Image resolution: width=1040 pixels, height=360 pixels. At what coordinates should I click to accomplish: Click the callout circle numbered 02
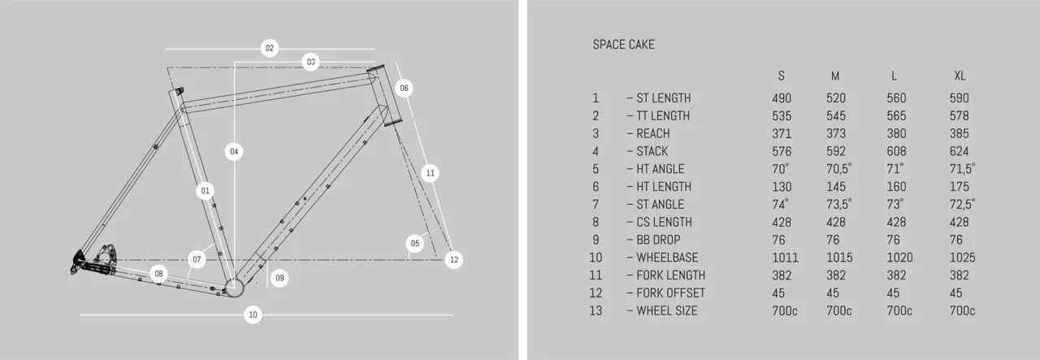click(x=270, y=48)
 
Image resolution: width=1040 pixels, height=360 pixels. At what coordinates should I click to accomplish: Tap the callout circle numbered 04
click(x=234, y=151)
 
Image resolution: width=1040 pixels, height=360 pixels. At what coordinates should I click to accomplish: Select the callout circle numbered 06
click(x=404, y=88)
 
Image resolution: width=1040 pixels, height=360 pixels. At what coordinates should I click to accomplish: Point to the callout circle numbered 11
click(x=431, y=172)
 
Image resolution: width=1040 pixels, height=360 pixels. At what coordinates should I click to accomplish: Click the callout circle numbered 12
click(x=453, y=260)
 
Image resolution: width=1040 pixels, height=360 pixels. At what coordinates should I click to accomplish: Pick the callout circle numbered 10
click(x=253, y=314)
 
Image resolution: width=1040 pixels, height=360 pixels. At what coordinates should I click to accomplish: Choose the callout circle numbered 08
click(x=159, y=274)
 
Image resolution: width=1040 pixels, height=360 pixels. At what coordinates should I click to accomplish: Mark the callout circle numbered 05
click(x=414, y=243)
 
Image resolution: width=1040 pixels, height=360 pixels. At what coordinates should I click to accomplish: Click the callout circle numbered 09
click(x=279, y=278)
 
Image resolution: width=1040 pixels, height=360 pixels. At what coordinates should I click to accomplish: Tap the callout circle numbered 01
click(x=205, y=191)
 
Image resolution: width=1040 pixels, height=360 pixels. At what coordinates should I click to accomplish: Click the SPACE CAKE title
click(x=623, y=45)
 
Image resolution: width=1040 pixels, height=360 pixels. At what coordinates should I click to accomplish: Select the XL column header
click(x=960, y=76)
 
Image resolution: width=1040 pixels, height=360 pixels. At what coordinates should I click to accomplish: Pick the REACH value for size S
click(x=781, y=133)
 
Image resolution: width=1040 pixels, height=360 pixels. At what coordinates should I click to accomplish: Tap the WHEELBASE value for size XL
click(x=962, y=258)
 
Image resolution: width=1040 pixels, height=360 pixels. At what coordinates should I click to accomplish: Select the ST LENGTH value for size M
click(x=836, y=98)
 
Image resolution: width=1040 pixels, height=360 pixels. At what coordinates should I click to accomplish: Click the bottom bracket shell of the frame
click(x=234, y=285)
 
